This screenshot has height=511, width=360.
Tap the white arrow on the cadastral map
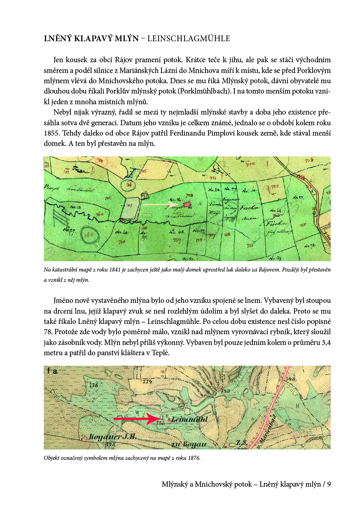161,204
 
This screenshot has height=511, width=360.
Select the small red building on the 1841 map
188,204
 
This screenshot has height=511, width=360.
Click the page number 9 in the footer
329,485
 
